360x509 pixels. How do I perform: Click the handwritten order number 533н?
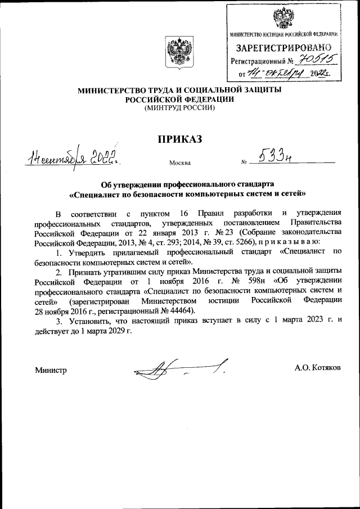pos(275,159)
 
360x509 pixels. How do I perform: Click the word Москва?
pos(179,164)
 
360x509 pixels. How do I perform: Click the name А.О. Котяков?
pos(321,367)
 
